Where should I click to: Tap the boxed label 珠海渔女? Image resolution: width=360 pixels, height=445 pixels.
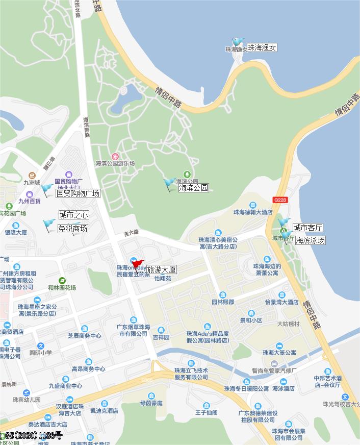[x=262, y=47]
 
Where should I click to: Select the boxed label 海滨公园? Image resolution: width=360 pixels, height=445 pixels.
[x=193, y=188]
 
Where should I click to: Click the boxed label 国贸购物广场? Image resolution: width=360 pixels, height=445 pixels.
[x=78, y=193]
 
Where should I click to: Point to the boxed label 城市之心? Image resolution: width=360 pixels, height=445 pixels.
[x=73, y=215]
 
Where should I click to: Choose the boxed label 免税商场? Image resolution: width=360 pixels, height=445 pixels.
[x=72, y=229]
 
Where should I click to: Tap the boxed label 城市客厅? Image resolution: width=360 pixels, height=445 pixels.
[x=307, y=228]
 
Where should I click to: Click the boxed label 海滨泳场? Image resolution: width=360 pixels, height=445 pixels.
[x=310, y=240]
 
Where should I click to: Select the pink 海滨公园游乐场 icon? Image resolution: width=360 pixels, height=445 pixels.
[x=115, y=156]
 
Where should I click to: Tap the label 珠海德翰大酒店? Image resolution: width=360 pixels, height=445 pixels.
[x=253, y=212]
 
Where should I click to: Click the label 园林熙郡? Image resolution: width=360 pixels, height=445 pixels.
[x=223, y=302]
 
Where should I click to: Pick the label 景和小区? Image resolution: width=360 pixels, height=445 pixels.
[x=251, y=320]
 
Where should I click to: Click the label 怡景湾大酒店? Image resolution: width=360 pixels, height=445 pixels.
[x=281, y=302]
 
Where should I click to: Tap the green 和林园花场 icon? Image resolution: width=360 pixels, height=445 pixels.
[x=62, y=281]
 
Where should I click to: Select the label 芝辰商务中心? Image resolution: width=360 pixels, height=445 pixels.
[x=85, y=336]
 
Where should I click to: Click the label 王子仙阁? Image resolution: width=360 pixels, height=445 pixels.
[x=206, y=412]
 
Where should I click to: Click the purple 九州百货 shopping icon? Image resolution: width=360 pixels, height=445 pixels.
[x=30, y=194]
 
